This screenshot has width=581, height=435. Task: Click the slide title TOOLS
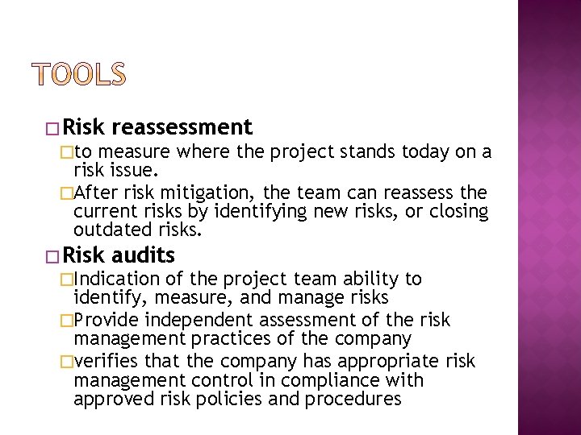coord(80,74)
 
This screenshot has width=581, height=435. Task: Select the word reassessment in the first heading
coord(183,127)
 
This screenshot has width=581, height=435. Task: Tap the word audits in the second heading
coord(144,256)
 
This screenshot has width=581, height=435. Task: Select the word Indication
coord(117,280)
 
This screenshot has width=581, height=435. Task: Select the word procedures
coord(357,399)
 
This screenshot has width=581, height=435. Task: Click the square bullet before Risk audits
coord(54,257)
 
